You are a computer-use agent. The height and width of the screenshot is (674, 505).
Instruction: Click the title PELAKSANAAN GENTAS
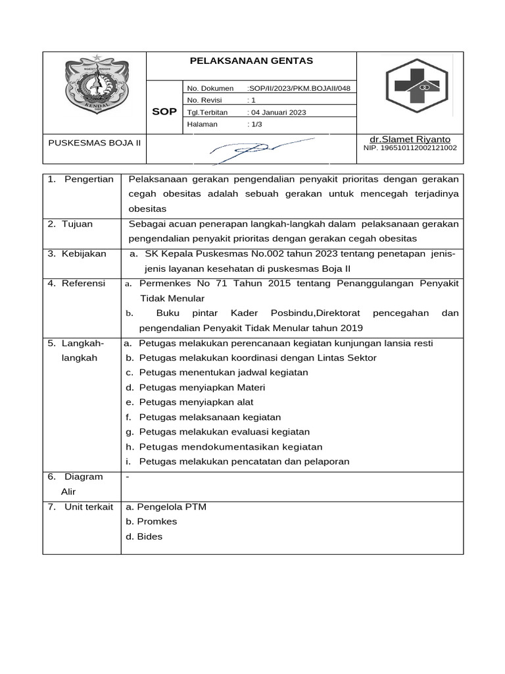click(x=251, y=61)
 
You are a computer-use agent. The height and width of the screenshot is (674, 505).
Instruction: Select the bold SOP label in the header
click(x=164, y=112)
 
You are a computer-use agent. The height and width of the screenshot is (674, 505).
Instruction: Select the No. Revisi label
click(x=204, y=100)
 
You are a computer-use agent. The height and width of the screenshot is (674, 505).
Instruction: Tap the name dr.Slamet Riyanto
click(x=410, y=140)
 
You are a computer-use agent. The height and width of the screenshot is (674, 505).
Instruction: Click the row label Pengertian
click(x=89, y=180)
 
